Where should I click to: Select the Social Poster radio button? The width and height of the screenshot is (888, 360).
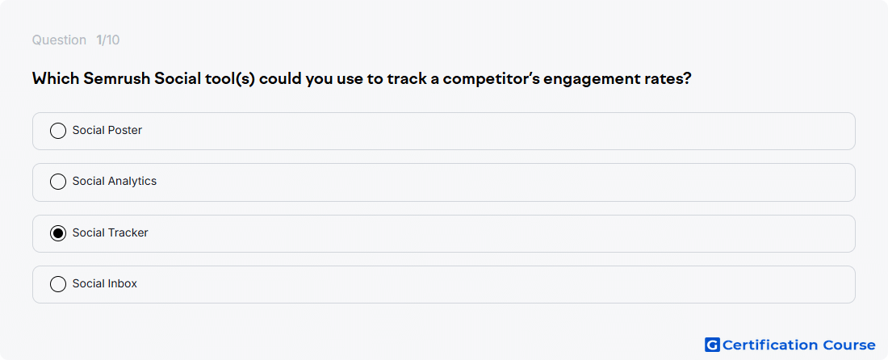tap(58, 131)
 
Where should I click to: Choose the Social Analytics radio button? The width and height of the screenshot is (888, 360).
tap(58, 182)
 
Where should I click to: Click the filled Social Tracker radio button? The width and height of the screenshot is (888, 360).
tap(58, 233)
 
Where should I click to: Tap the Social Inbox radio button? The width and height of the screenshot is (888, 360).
tap(58, 283)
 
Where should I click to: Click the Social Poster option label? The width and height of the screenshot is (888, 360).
tap(107, 130)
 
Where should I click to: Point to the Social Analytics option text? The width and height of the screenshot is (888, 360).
tap(115, 181)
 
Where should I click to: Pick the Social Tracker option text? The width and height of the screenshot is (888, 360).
tap(110, 232)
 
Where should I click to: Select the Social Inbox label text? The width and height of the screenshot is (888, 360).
tap(105, 283)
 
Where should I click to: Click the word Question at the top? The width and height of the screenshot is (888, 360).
tap(59, 40)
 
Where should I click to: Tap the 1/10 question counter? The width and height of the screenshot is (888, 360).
tap(107, 40)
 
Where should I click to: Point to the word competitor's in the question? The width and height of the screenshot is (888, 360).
tap(491, 79)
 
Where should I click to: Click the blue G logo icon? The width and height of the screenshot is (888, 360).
tap(712, 345)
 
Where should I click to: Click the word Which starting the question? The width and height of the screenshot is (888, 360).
tap(56, 78)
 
